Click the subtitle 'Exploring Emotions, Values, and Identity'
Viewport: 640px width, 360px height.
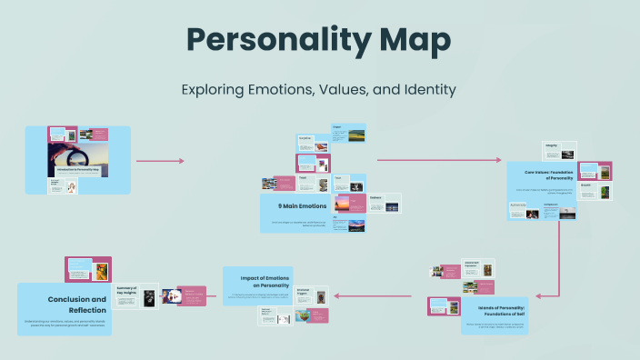click(x=319, y=90)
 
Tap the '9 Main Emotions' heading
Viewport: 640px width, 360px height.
click(x=285, y=206)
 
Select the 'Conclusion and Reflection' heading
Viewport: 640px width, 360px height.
click(x=77, y=304)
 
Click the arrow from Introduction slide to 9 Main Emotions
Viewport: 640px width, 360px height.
click(x=160, y=161)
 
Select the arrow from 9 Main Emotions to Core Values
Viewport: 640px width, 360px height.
click(x=442, y=160)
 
